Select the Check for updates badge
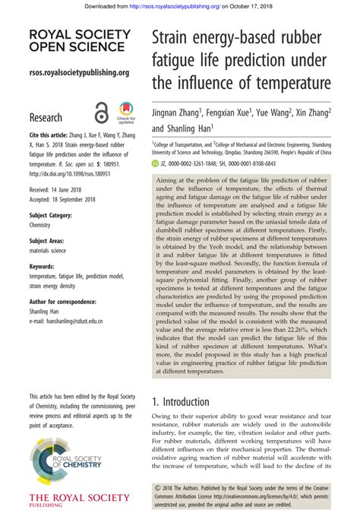125,113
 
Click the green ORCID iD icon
156,163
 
